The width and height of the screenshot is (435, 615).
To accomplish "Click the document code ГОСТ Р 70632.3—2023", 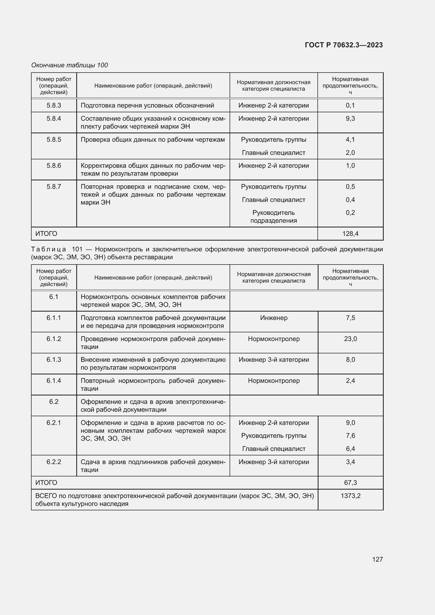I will coord(344,45).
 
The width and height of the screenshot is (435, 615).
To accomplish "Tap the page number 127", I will coord(377,559).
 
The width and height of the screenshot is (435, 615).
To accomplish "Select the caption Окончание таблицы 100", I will coord(69,65).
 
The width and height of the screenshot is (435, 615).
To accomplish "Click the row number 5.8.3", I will coord(54,105).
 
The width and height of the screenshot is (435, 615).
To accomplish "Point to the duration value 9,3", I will coord(350,118).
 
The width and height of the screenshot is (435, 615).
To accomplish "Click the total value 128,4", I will coord(350,233).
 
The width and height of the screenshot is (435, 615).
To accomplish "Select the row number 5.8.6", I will coord(54,166).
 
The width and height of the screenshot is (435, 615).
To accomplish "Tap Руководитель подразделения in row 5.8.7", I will coord(274,216).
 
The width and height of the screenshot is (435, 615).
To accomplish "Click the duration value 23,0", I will coord(350,339).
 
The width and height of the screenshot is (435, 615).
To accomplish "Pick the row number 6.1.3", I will coord(54,359).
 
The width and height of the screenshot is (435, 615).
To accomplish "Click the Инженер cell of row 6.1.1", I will coord(274,318).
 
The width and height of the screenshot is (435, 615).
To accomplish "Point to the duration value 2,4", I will coord(350,381).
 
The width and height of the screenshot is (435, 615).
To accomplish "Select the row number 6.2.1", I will coord(54,423).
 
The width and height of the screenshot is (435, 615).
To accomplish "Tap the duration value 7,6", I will coord(350,435).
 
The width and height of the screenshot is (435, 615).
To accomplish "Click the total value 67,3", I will coord(350,483).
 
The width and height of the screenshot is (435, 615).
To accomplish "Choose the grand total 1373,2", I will coord(350,496).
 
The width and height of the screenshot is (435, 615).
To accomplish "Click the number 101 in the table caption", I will coord(77,249).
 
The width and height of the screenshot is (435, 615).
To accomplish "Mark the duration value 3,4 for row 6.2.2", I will coord(350,462).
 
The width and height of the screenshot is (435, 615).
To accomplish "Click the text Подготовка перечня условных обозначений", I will coord(147,105).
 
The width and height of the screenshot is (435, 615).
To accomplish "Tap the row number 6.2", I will coord(54,401).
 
